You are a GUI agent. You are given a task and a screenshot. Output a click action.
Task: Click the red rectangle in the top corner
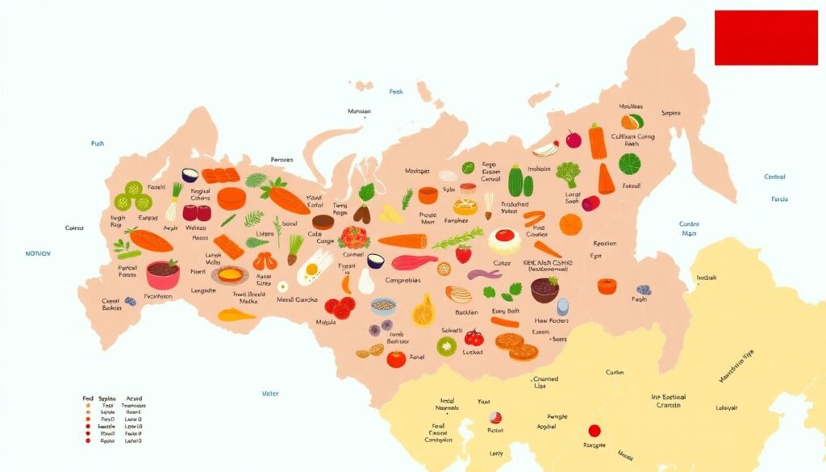[766, 38]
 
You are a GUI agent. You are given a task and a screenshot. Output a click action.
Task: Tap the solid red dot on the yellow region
[594, 431]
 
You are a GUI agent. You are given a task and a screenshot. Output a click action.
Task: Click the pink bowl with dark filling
[163, 274]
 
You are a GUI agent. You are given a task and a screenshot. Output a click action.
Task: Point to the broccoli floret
[569, 173]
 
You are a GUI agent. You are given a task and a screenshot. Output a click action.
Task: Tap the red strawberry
[464, 254]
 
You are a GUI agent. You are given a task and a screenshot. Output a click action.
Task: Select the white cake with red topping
[505, 240]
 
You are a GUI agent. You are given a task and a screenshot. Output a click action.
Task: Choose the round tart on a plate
[230, 276]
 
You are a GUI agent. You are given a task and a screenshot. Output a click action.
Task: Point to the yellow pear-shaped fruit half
[423, 311]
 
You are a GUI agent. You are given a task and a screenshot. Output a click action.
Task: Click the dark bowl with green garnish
[545, 289]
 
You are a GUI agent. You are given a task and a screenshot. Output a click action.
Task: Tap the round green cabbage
[630, 165]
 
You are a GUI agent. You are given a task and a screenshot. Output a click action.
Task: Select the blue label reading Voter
[270, 394]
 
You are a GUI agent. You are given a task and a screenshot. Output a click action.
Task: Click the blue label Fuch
[97, 144]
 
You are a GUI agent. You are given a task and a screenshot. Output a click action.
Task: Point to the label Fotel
[417, 357]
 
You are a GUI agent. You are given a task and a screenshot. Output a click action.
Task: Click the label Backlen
[466, 312]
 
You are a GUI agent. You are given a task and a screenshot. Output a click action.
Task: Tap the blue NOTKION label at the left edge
[37, 253]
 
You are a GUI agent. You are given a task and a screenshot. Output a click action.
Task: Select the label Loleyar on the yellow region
[727, 407]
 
